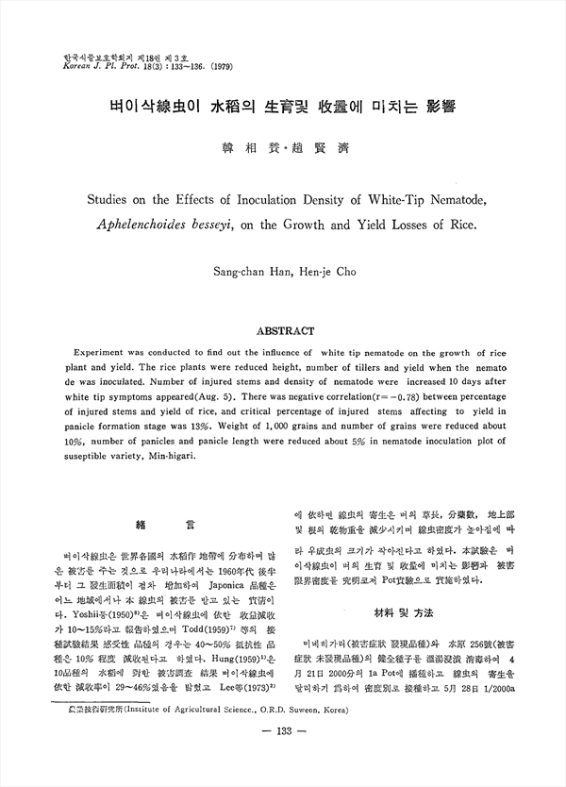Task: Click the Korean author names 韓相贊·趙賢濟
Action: pos(281,149)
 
